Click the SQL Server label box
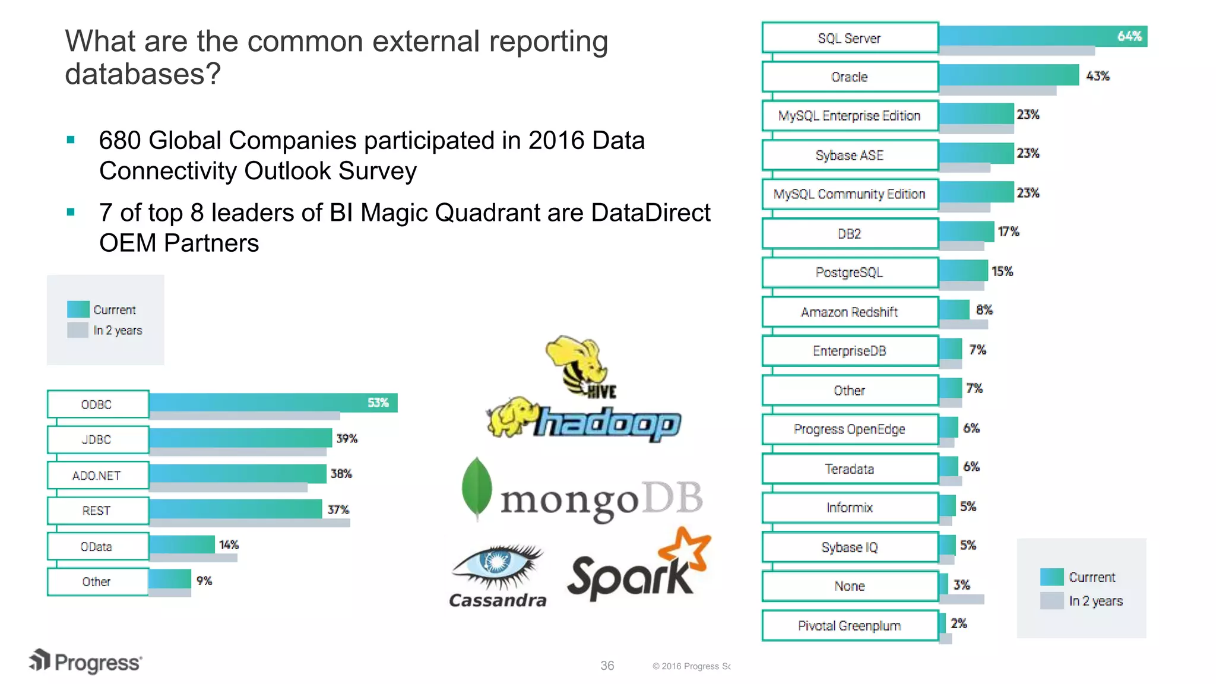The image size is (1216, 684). (850, 38)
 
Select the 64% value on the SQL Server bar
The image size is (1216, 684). (1129, 36)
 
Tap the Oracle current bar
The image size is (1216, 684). (1008, 75)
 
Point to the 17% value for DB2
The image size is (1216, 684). (1008, 232)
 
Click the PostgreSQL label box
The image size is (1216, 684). (850, 273)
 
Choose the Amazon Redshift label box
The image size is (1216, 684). (850, 312)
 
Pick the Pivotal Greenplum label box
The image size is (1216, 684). (850, 625)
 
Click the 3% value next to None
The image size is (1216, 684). (961, 585)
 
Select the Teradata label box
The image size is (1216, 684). (850, 468)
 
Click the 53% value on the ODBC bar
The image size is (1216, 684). (378, 403)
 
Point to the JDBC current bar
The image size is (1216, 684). (240, 438)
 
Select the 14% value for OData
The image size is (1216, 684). (229, 544)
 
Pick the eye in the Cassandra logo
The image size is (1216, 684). (496, 561)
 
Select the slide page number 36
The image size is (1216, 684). (607, 666)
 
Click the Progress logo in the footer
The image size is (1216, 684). (86, 662)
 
